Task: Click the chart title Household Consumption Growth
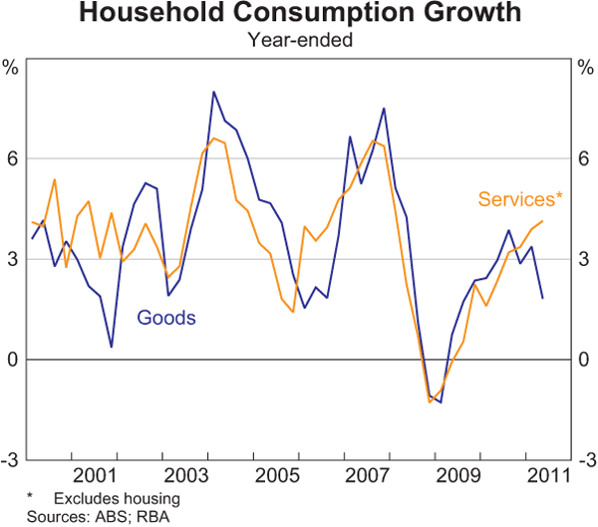299,15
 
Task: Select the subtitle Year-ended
299,41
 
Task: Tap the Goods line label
166,319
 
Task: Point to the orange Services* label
520,199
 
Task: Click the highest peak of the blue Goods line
214,92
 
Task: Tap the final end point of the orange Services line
543,221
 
